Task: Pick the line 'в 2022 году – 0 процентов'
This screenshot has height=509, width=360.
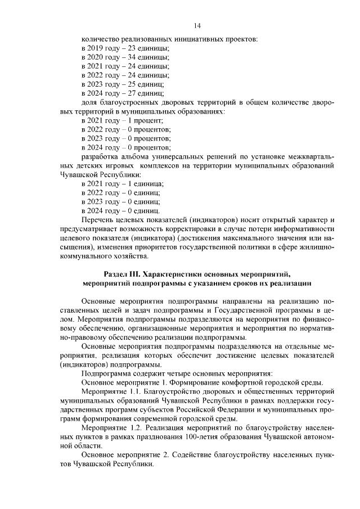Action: [124, 129]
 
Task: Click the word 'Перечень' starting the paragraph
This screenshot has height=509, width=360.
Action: [97, 219]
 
